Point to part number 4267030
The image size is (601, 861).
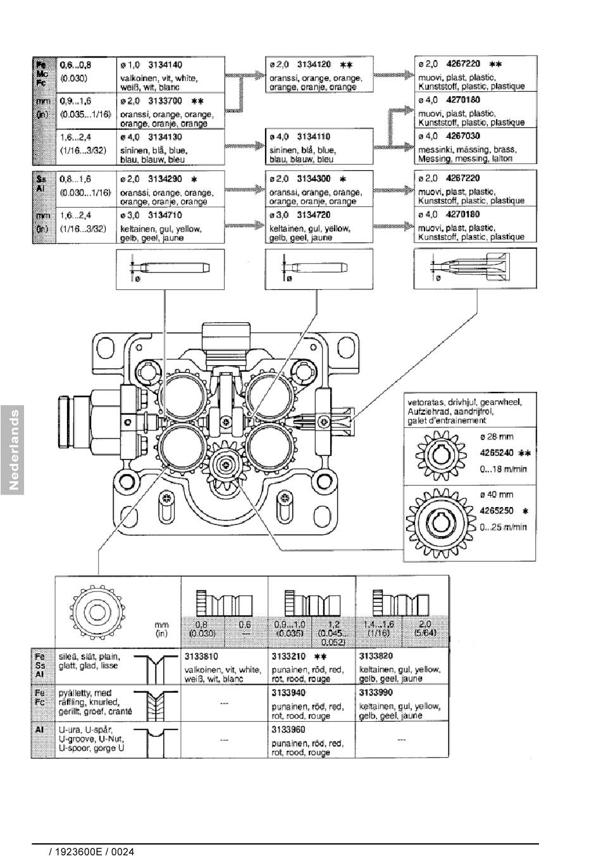point(462,136)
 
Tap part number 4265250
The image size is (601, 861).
point(497,510)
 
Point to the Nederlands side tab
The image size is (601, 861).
point(12,450)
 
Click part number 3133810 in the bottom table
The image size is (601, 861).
point(201,657)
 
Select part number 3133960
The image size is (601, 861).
point(288,729)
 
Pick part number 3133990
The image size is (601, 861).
point(376,693)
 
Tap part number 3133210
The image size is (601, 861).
point(288,657)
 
